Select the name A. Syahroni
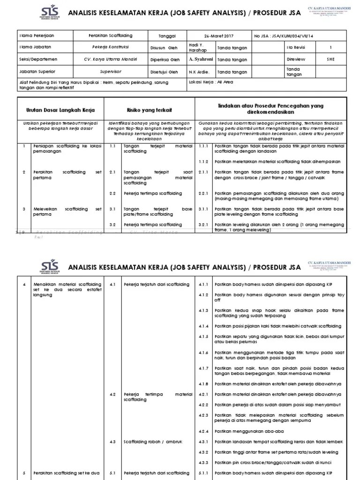(x=201, y=60)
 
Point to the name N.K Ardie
(x=199, y=72)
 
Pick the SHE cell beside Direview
(x=330, y=60)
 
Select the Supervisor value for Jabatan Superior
(x=110, y=72)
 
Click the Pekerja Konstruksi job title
(x=110, y=47)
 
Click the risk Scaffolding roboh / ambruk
(x=152, y=442)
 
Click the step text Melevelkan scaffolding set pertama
(x=67, y=212)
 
